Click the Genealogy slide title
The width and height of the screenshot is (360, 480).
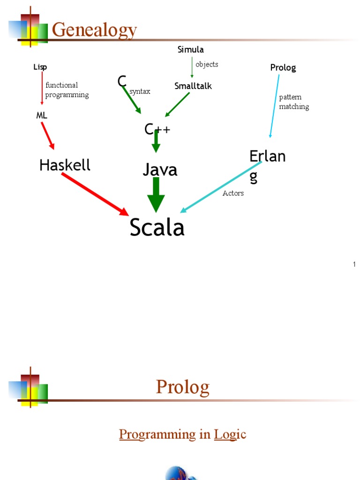click(x=94, y=30)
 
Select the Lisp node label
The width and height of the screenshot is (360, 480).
click(x=40, y=67)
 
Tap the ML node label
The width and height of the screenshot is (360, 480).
click(x=42, y=115)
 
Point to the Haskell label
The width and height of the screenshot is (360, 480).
click(x=65, y=165)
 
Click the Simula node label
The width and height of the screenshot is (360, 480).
click(x=190, y=50)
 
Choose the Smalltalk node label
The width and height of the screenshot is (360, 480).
click(x=193, y=86)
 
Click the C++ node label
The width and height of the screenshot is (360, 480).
click(x=157, y=128)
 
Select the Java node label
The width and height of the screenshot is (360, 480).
click(x=160, y=170)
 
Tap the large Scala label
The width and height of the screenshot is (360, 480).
click(x=157, y=228)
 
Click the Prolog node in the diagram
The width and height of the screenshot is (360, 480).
click(x=283, y=67)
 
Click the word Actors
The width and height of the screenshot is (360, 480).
click(x=233, y=193)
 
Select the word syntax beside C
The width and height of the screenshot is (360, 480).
click(x=140, y=91)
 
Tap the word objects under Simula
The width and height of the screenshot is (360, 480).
click(x=207, y=64)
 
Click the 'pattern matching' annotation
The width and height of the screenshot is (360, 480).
click(x=294, y=102)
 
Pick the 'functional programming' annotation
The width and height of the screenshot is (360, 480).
click(x=67, y=90)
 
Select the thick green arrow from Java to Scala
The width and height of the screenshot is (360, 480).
click(x=156, y=195)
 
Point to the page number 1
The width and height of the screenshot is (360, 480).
click(x=354, y=265)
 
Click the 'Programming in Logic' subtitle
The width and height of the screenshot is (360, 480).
click(x=182, y=435)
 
